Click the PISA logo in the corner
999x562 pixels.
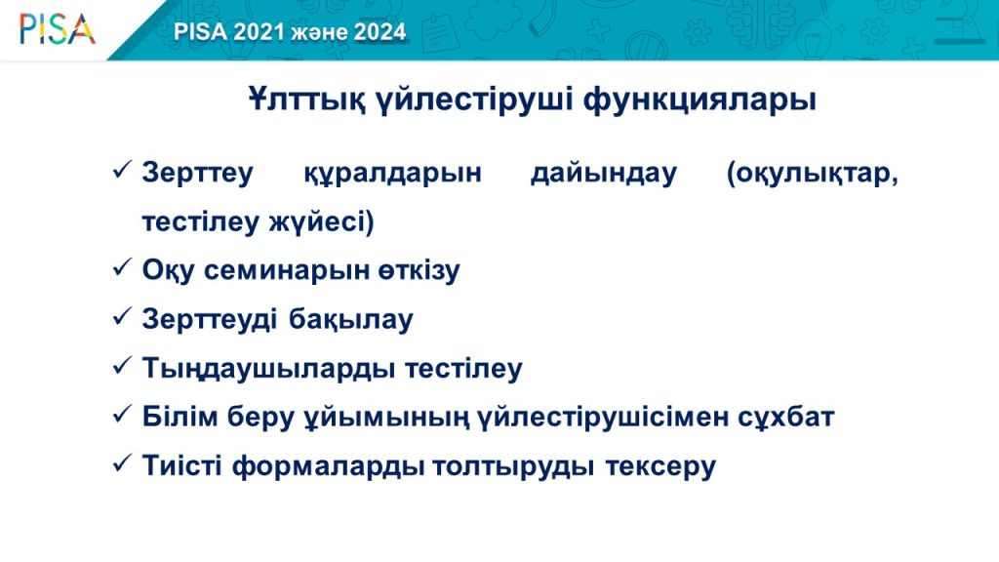coord(58,30)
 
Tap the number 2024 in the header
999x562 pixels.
coord(380,32)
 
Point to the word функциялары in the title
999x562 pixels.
coord(699,100)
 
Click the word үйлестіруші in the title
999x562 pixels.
coord(474,100)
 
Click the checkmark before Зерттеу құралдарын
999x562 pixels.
coord(122,170)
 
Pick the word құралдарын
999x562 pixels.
coord(392,174)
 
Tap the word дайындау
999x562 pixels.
coord(603,174)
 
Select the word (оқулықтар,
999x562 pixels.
coord(813,174)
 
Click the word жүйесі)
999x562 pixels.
coord(321,222)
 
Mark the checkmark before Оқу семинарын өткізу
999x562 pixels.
coord(122,267)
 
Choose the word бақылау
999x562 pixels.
coord(351,320)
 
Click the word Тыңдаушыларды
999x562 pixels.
coord(268,369)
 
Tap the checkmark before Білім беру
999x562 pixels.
coord(122,414)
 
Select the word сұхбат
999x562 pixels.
coord(786,418)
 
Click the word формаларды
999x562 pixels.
coord(329,466)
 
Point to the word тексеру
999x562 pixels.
coord(660,466)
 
